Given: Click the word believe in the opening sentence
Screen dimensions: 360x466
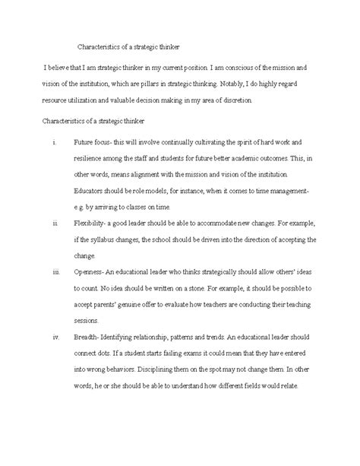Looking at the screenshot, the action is tap(60, 69).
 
